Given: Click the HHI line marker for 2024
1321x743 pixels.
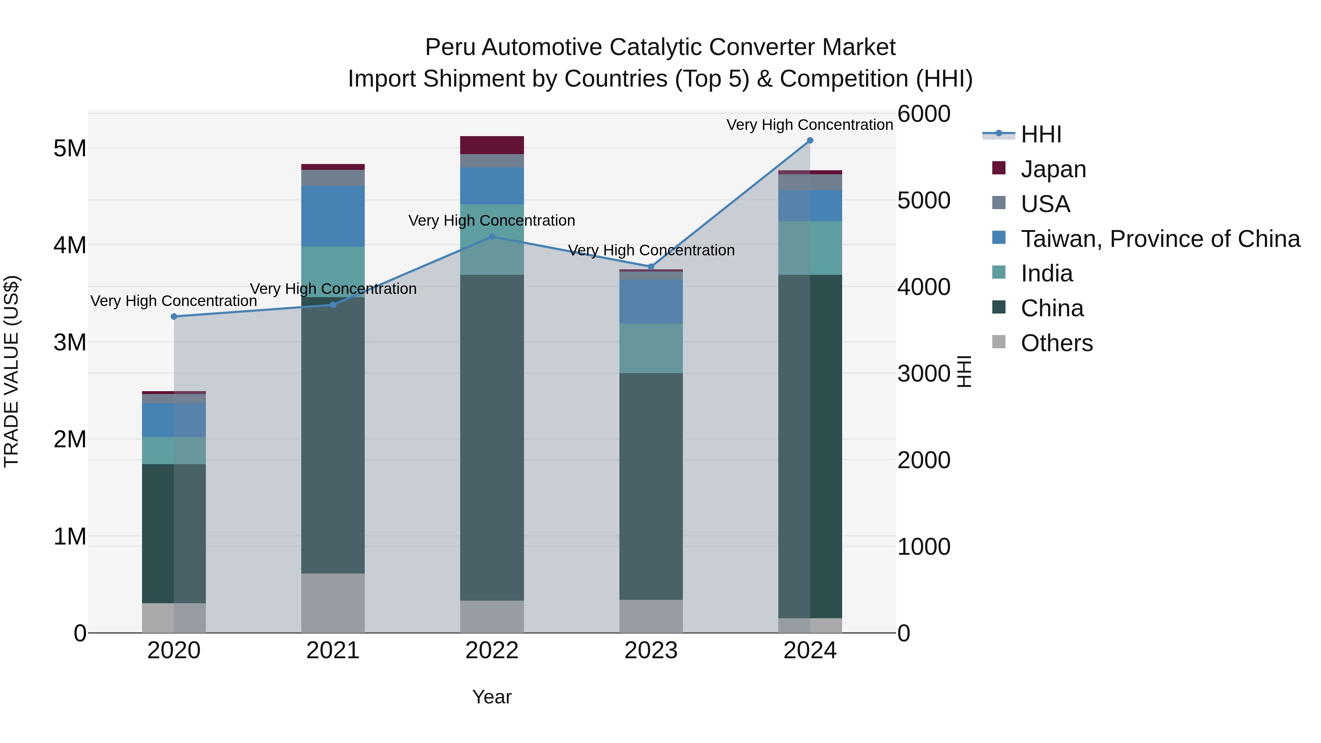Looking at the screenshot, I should [810, 141].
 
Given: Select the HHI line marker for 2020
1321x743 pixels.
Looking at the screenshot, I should [174, 317].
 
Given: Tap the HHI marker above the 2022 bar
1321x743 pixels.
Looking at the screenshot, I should [492, 237].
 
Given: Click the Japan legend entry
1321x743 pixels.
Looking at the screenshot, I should [1053, 169].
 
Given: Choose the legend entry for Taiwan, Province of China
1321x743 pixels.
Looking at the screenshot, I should [1160, 239].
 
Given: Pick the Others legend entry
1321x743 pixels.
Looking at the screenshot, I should [1056, 343].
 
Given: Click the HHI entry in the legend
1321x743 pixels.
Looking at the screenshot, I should [1041, 134].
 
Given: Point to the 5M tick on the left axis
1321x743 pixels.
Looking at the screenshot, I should [70, 149].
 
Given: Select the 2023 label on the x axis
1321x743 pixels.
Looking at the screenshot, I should [651, 651].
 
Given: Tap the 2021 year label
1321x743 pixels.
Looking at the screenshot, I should [333, 651].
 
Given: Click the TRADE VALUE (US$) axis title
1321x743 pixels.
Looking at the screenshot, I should [11, 371].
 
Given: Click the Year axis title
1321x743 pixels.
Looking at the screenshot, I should [492, 697].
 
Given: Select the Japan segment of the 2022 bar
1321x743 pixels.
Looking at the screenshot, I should [492, 145].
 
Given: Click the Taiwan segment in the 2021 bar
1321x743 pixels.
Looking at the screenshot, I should [333, 216].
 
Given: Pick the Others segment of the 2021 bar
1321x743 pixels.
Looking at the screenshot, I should [333, 602].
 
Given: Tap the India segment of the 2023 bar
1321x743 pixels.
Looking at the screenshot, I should [651, 348].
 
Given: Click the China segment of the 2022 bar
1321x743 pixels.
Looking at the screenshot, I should [492, 437].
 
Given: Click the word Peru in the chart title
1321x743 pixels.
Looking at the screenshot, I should [451, 48].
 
